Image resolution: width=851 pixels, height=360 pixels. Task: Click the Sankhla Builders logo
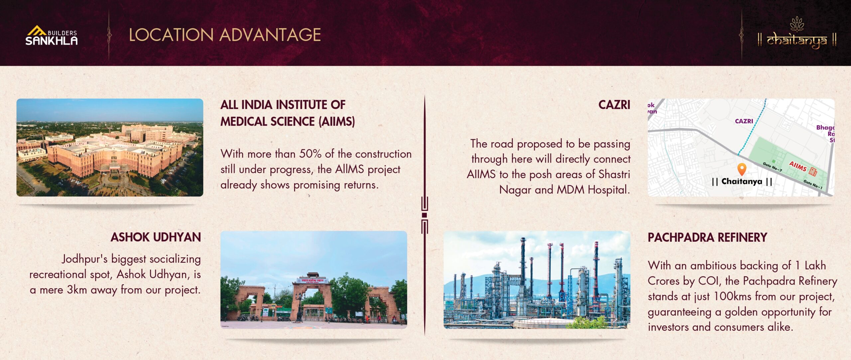tap(52, 35)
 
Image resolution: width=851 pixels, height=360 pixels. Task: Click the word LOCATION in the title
tap(171, 35)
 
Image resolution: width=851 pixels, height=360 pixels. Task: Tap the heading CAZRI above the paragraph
tap(614, 105)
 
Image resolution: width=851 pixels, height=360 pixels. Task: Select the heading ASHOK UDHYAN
tap(156, 237)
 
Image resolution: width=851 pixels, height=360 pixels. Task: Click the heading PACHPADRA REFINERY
tap(707, 237)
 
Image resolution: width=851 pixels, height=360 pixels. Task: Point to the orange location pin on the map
tap(742, 169)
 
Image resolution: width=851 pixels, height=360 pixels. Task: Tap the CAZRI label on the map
tap(744, 121)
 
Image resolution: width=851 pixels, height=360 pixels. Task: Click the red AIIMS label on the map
tap(798, 166)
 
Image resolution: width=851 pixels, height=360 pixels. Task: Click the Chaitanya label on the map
tap(742, 181)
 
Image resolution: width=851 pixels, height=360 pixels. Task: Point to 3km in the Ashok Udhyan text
tap(77, 290)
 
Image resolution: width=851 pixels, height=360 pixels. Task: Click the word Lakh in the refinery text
tap(815, 265)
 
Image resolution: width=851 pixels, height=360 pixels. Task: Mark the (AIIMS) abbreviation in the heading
tap(337, 121)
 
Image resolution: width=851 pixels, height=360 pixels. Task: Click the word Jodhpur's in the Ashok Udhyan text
tap(84, 259)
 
